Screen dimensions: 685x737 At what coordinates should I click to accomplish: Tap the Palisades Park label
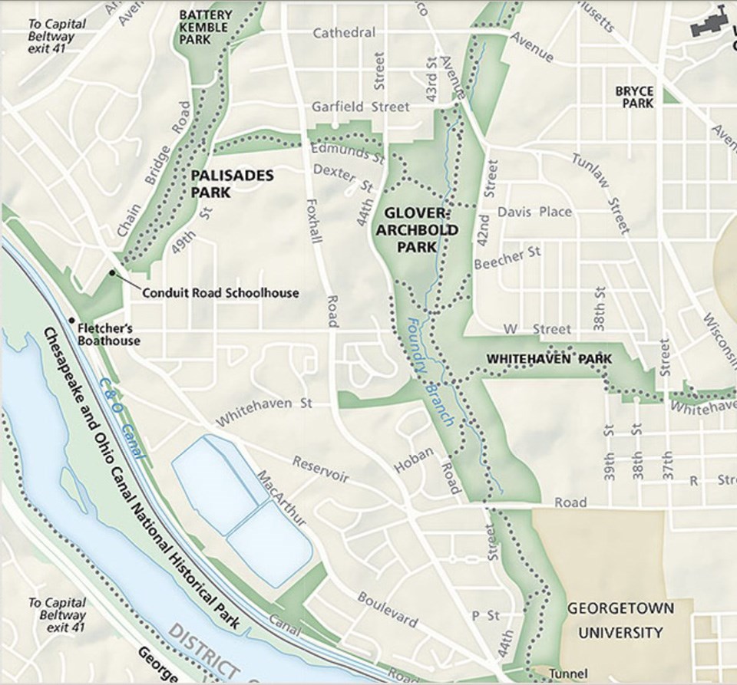[x=232, y=184]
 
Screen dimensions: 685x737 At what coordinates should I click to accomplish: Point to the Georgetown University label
[x=620, y=621]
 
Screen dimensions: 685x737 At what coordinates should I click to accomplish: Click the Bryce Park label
[x=634, y=97]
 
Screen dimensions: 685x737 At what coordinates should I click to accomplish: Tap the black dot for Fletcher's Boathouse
[x=71, y=320]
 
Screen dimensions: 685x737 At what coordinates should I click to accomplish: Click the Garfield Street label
[x=360, y=107]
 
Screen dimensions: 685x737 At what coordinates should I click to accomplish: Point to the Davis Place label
[x=534, y=212]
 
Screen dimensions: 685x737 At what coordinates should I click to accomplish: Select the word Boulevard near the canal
[x=388, y=609]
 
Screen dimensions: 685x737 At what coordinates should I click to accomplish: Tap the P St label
[x=485, y=615]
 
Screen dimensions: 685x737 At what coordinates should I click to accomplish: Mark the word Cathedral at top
[x=344, y=33]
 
